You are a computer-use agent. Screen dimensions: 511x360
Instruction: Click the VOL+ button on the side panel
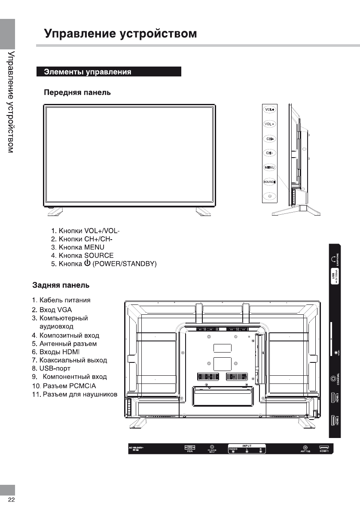269,109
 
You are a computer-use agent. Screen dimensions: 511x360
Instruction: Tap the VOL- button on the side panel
269,124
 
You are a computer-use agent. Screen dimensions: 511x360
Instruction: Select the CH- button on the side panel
269,153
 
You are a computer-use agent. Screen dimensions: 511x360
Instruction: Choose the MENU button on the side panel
269,167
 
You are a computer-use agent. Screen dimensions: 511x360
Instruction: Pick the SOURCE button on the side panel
269,182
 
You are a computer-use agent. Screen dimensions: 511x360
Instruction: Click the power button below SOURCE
269,196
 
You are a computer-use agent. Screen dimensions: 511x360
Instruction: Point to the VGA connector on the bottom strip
189,447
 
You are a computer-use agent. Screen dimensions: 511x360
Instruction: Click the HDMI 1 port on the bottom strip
324,447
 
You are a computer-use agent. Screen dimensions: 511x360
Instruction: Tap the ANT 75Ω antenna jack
305,447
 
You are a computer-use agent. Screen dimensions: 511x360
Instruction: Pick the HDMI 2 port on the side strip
333,420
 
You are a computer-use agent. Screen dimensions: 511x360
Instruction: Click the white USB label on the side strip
335,277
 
